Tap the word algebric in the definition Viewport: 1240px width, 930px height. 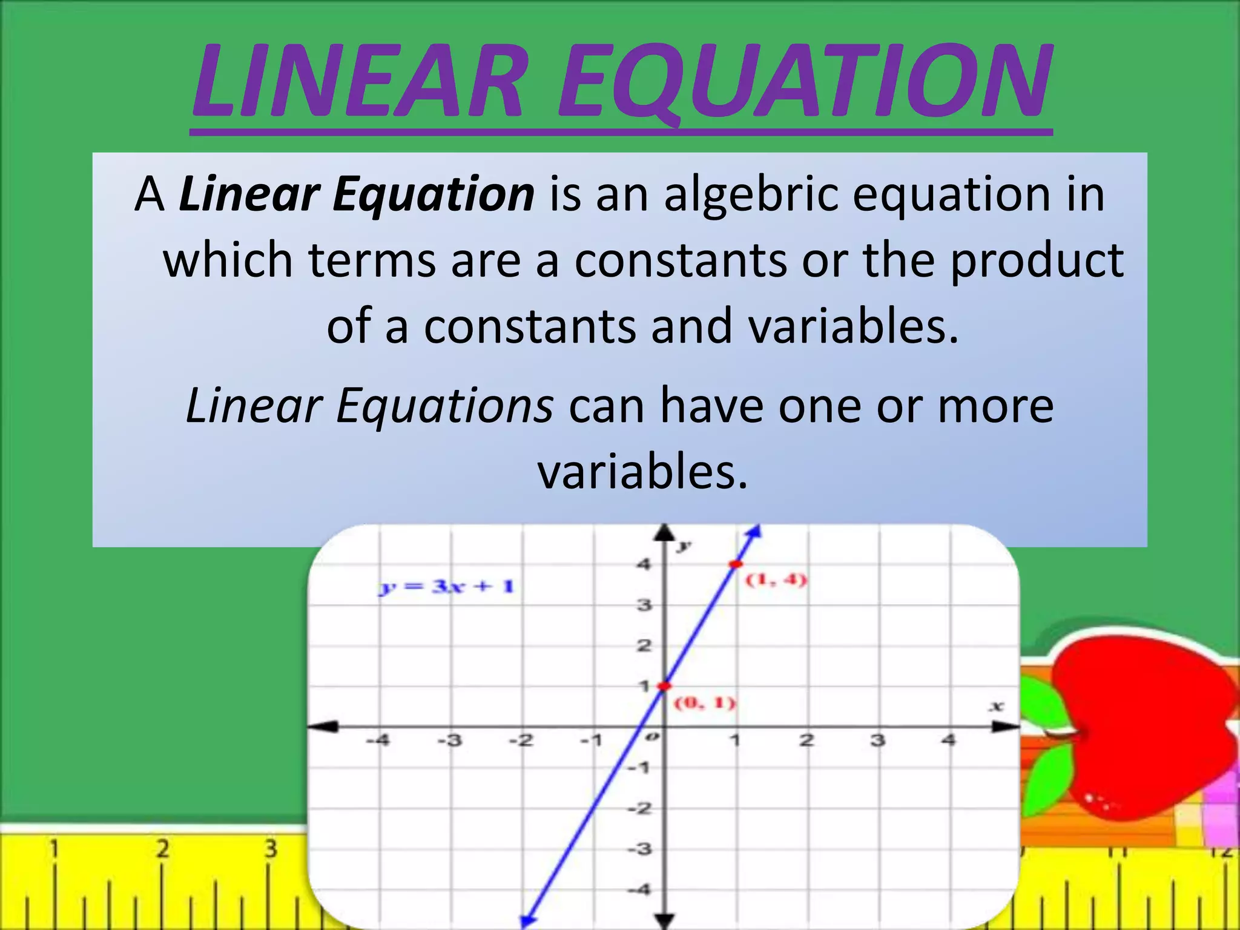(x=751, y=195)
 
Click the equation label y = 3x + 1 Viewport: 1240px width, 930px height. (x=447, y=587)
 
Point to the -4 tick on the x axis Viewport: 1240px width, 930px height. (x=378, y=740)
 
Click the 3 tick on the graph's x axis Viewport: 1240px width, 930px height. (x=877, y=740)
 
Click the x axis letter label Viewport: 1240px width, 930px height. (x=996, y=706)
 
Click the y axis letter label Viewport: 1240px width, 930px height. (x=684, y=546)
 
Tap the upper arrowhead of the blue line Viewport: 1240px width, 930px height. (x=754, y=531)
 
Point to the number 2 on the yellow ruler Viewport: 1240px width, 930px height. (x=162, y=849)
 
